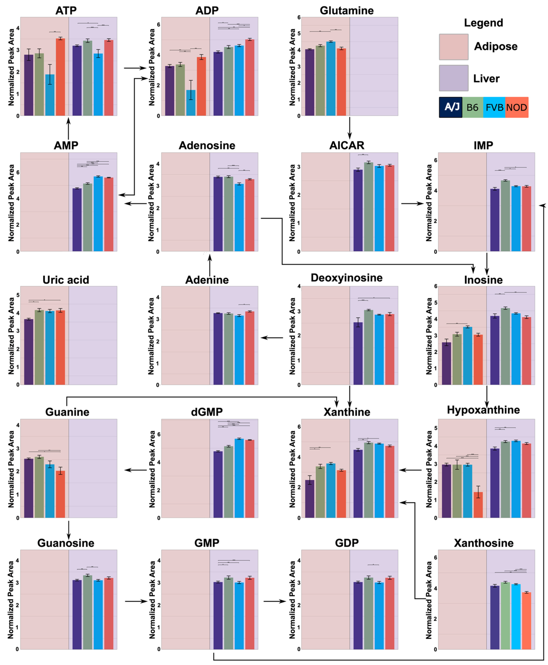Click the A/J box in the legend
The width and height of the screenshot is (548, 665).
(x=451, y=107)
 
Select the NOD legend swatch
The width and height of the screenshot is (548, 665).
(x=516, y=107)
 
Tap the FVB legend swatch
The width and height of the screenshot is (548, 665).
(x=494, y=107)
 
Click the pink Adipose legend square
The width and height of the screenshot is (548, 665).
(x=454, y=47)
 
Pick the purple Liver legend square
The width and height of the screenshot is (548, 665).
(x=454, y=78)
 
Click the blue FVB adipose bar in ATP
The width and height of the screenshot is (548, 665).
(x=50, y=95)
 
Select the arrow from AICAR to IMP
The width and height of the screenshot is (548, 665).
(x=412, y=203)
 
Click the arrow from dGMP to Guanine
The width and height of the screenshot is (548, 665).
(x=136, y=470)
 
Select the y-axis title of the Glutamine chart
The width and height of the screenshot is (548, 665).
(x=292, y=67)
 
